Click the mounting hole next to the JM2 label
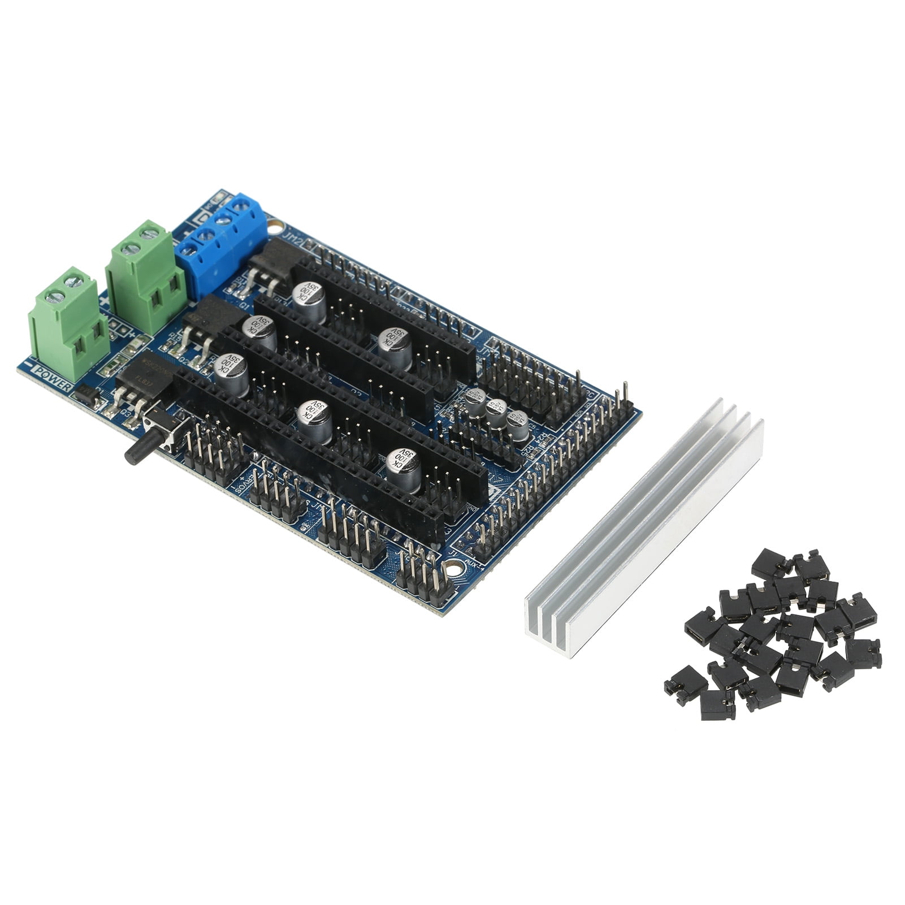pyautogui.click(x=275, y=228)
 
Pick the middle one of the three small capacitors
pyautogui.click(x=496, y=413)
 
